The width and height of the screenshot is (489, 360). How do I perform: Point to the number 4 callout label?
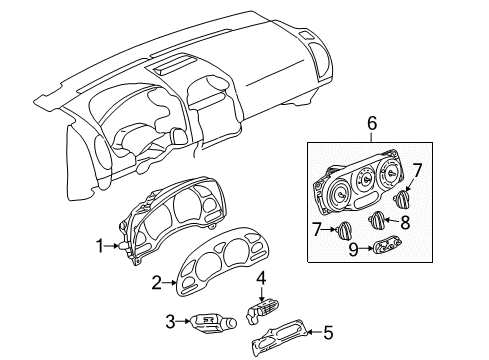point(260,277)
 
